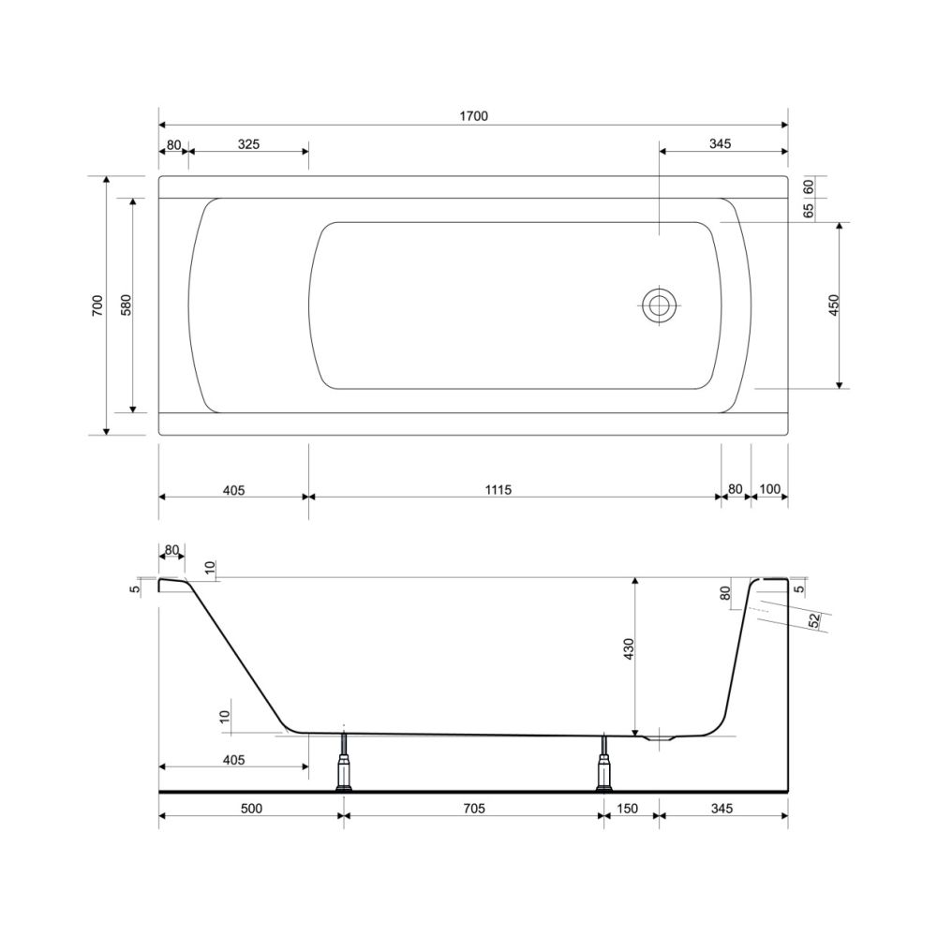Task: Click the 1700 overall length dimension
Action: pyautogui.click(x=473, y=116)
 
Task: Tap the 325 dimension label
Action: pyautogui.click(x=248, y=144)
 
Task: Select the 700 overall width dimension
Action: pyautogui.click(x=97, y=305)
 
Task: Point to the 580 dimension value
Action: pyautogui.click(x=126, y=305)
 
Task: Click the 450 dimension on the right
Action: pyautogui.click(x=834, y=305)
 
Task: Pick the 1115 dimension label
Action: pyautogui.click(x=498, y=490)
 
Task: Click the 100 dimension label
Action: pyautogui.click(x=769, y=489)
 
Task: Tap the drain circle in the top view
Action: pyautogui.click(x=659, y=305)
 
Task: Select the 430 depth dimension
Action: pyautogui.click(x=628, y=649)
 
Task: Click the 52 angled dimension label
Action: pyautogui.click(x=814, y=621)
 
